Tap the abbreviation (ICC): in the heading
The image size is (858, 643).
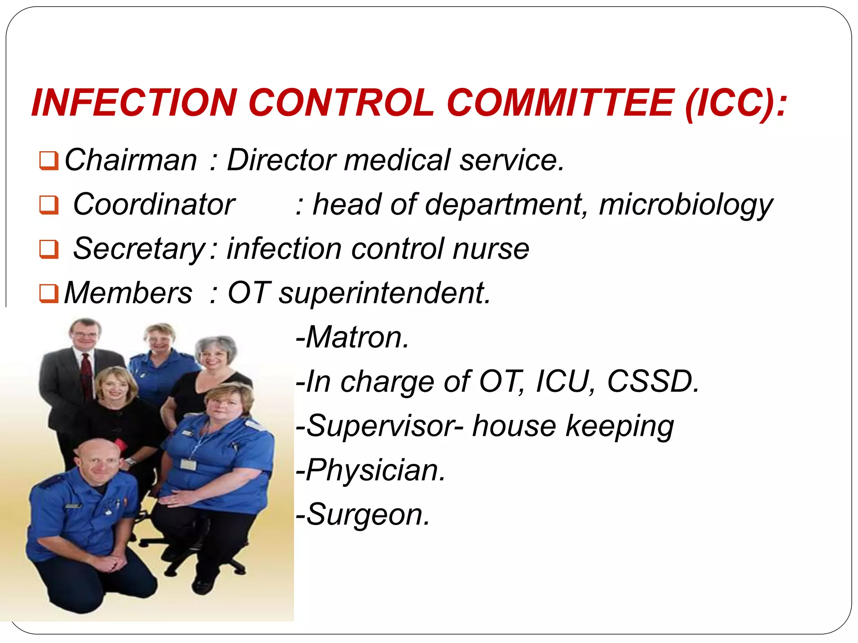736,103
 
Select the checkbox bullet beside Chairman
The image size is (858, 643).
49,161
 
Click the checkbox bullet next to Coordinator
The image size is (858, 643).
49,205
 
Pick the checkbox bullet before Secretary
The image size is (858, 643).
49,249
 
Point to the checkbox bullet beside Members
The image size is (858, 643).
49,293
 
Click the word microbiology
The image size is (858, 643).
685,205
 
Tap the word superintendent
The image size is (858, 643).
384,293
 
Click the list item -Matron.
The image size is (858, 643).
352,337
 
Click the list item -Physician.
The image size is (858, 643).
370,471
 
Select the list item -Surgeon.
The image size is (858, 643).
362,515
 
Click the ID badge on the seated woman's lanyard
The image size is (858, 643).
188,464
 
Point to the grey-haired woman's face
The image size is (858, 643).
213,358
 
